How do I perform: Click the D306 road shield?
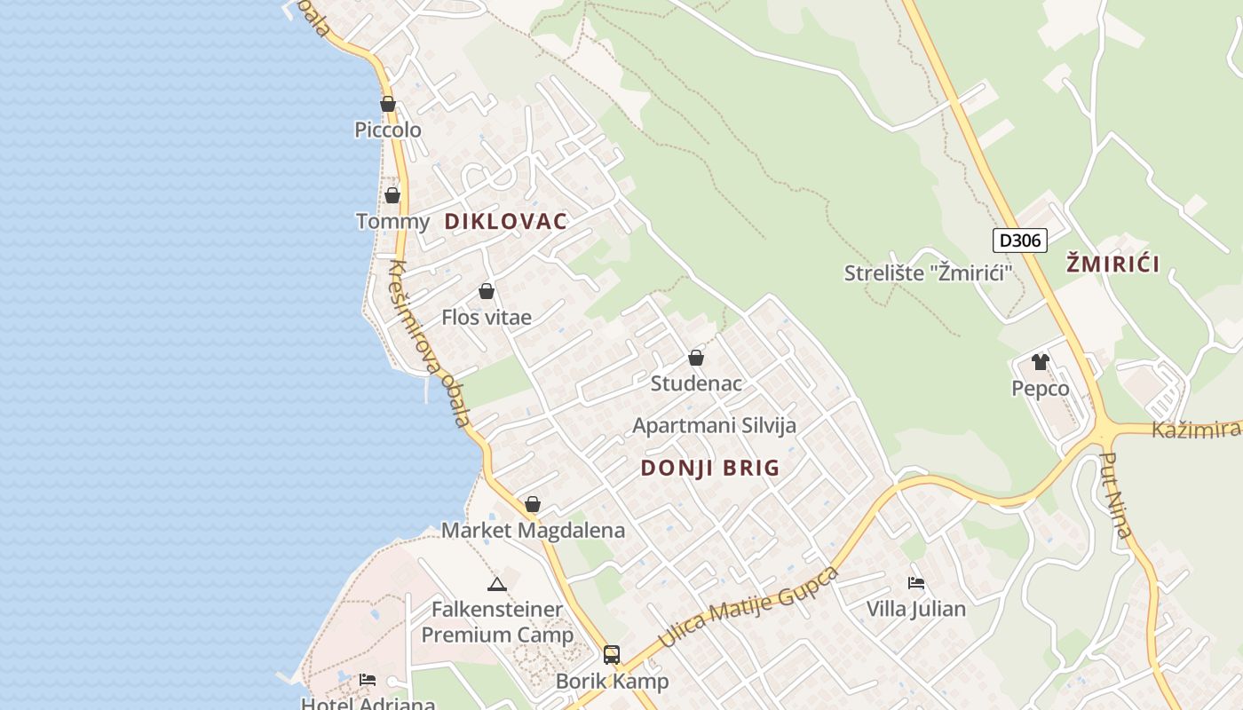click(1020, 240)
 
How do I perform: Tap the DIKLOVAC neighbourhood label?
click(505, 222)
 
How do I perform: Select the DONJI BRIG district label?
click(710, 468)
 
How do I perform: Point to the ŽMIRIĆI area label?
click(1113, 264)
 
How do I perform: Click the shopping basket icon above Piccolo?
click(388, 104)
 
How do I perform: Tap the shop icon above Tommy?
click(392, 195)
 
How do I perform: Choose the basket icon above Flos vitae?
click(487, 291)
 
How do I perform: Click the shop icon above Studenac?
click(696, 358)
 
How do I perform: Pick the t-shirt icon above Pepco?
click(1041, 362)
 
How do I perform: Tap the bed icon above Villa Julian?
click(916, 583)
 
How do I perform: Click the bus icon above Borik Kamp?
click(612, 655)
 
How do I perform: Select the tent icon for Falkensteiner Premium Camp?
click(497, 584)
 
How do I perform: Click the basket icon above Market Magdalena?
click(533, 504)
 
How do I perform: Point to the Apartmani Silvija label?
click(714, 425)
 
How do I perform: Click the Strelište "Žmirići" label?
click(929, 272)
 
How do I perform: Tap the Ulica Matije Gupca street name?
click(748, 609)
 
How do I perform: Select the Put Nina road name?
click(1117, 495)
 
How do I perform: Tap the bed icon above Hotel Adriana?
click(368, 680)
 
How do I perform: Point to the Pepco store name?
click(1041, 389)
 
